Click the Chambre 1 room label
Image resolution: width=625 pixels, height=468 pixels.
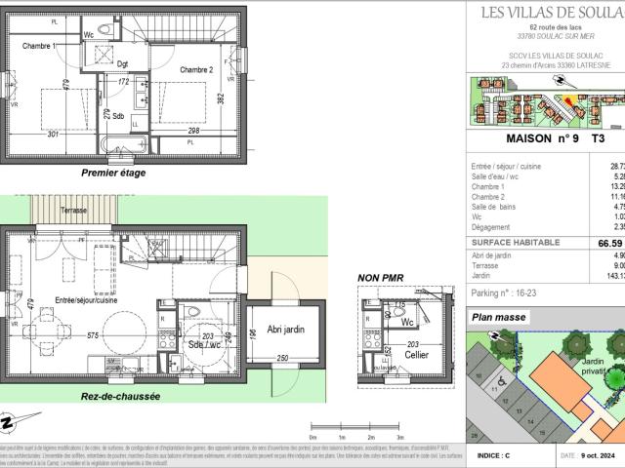[40, 47]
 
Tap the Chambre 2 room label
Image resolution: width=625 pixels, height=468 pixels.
[196, 69]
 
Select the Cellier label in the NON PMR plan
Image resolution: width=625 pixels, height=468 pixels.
[394, 355]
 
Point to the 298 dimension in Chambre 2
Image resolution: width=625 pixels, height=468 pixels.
[194, 131]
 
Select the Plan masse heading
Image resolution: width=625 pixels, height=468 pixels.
[499, 317]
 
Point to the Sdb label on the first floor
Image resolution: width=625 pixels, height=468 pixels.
[117, 116]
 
